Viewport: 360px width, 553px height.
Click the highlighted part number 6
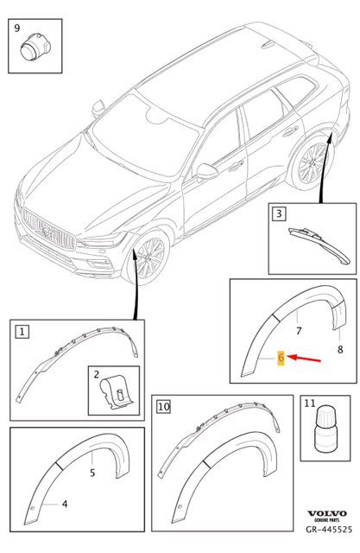[280, 358]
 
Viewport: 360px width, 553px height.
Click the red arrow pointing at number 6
[306, 358]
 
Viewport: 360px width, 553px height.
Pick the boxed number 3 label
[279, 213]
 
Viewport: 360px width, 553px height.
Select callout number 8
[339, 350]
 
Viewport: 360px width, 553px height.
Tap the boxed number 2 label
[97, 377]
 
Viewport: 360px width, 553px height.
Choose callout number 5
[93, 472]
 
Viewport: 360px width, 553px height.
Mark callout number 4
[63, 503]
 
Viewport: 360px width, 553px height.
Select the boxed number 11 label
[310, 404]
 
